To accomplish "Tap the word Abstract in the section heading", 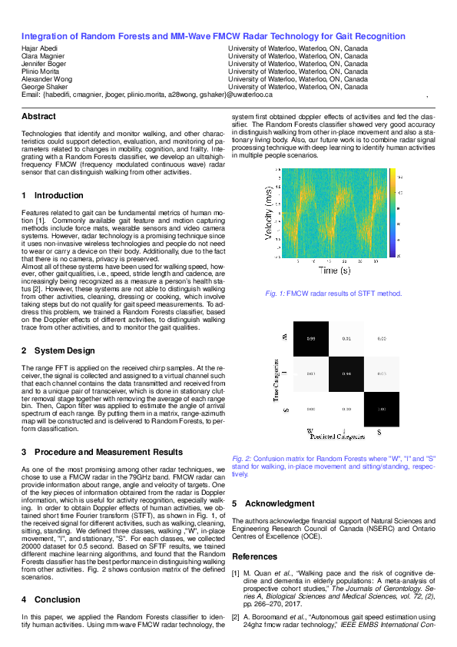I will (38, 116).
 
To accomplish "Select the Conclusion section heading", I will (57, 599).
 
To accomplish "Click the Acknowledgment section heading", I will (279, 504).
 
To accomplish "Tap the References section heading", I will (255, 556).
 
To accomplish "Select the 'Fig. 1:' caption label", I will (274, 294).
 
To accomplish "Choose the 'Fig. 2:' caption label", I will (243, 456).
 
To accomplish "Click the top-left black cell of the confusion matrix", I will (311, 338).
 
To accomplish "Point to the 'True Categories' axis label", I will (276, 380).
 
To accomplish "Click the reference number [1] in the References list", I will (236, 573).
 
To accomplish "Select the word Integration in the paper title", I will (47, 36).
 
